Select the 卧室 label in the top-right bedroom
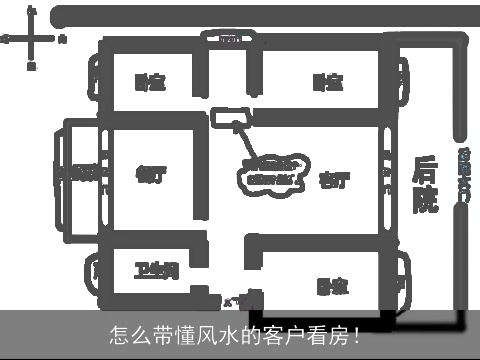327,82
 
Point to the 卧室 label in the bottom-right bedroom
332,287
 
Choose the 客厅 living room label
334,181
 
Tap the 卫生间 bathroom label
156,270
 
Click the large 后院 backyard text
425,185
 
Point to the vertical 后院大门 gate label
463,175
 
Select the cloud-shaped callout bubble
270,172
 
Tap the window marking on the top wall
229,40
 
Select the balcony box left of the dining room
80,173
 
